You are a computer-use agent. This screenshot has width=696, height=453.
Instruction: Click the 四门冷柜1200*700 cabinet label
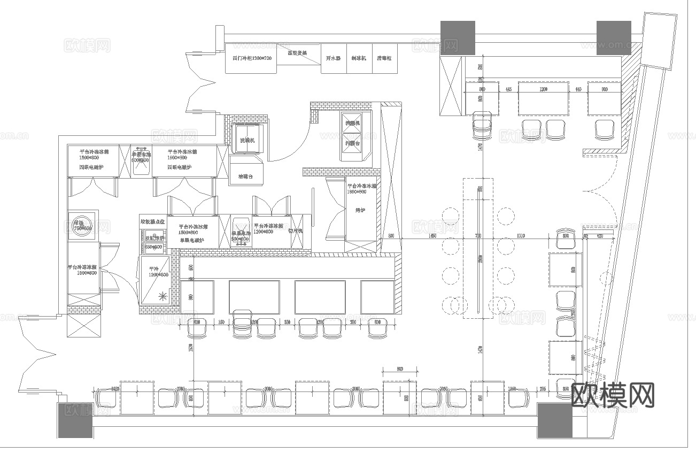[x=251, y=58]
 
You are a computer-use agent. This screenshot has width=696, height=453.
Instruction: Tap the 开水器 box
[x=334, y=58]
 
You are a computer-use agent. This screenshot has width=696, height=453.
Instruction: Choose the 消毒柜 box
[x=384, y=58]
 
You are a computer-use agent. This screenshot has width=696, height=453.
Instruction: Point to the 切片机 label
[x=295, y=231]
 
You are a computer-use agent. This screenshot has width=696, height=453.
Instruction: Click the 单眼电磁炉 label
[x=191, y=240]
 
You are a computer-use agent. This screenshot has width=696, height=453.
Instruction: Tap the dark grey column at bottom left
[x=75, y=420]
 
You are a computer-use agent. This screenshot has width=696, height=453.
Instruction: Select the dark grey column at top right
[x=613, y=37]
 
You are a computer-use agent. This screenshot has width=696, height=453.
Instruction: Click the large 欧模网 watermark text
[x=613, y=395]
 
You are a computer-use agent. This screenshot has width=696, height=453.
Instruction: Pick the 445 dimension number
[x=508, y=89]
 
